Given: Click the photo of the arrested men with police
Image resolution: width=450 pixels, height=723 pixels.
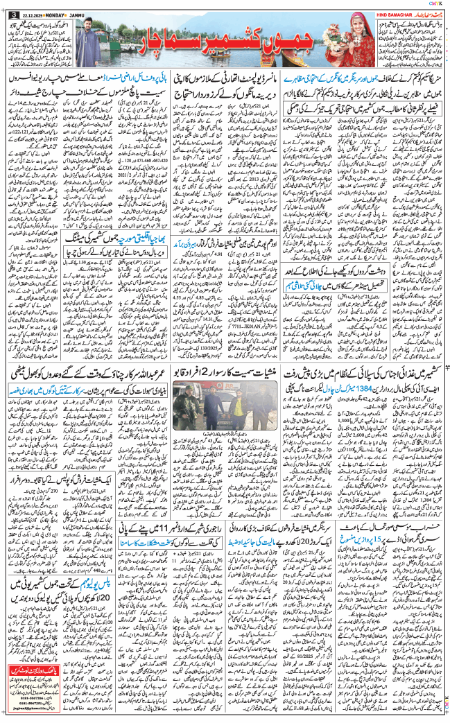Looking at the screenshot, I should coord(226,413).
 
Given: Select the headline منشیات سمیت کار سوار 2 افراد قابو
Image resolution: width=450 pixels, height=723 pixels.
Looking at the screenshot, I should coord(226,375).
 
